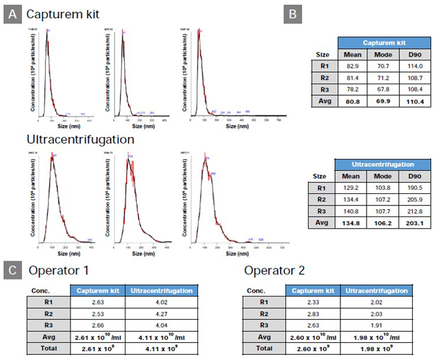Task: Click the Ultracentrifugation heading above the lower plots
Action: pos(80,139)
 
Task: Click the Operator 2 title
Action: pos(275,271)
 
